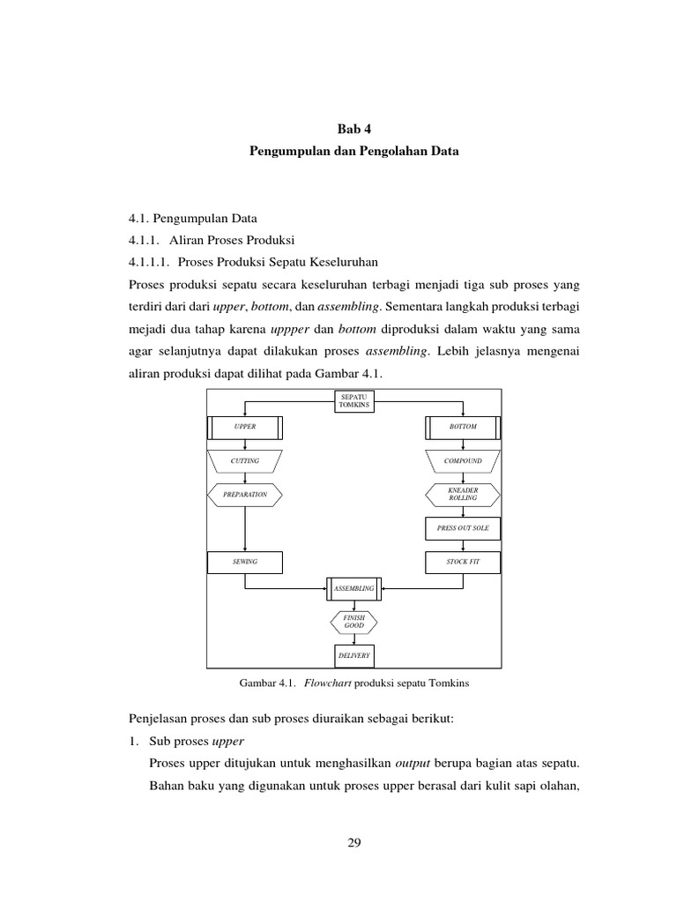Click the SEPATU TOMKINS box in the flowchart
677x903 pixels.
point(353,400)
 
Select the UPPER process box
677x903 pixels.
point(245,427)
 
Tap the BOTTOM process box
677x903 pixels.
point(463,427)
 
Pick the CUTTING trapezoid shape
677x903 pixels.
point(245,460)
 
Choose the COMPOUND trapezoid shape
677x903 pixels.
point(463,460)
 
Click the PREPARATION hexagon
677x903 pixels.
point(245,495)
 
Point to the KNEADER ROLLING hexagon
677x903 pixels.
point(463,494)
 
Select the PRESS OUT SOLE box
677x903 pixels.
point(463,528)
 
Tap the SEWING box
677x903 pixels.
point(245,562)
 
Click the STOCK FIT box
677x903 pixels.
point(463,562)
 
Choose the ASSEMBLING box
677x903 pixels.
point(353,587)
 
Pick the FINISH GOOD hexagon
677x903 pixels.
point(353,622)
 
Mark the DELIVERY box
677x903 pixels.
point(353,656)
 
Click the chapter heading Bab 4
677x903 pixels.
point(353,128)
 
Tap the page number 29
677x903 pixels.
point(353,844)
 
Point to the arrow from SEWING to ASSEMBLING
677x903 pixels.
point(291,587)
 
